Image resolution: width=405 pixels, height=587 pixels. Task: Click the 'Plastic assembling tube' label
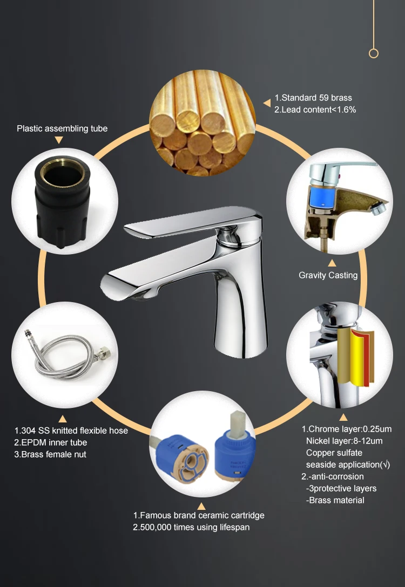pyautogui.click(x=62, y=128)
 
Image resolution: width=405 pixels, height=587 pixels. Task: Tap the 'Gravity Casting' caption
pyautogui.click(x=328, y=275)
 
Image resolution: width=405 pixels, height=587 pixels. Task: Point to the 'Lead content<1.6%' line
pyautogui.click(x=319, y=110)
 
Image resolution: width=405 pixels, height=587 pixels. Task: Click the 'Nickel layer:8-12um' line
pyautogui.click(x=345, y=441)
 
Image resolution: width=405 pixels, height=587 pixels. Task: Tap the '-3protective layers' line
pyautogui.click(x=341, y=488)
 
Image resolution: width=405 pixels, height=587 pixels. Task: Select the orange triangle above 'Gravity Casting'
pyautogui.click(x=332, y=263)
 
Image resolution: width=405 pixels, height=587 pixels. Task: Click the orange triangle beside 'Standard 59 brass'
pyautogui.click(x=266, y=103)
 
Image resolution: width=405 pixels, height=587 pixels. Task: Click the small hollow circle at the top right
pyautogui.click(x=373, y=53)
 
